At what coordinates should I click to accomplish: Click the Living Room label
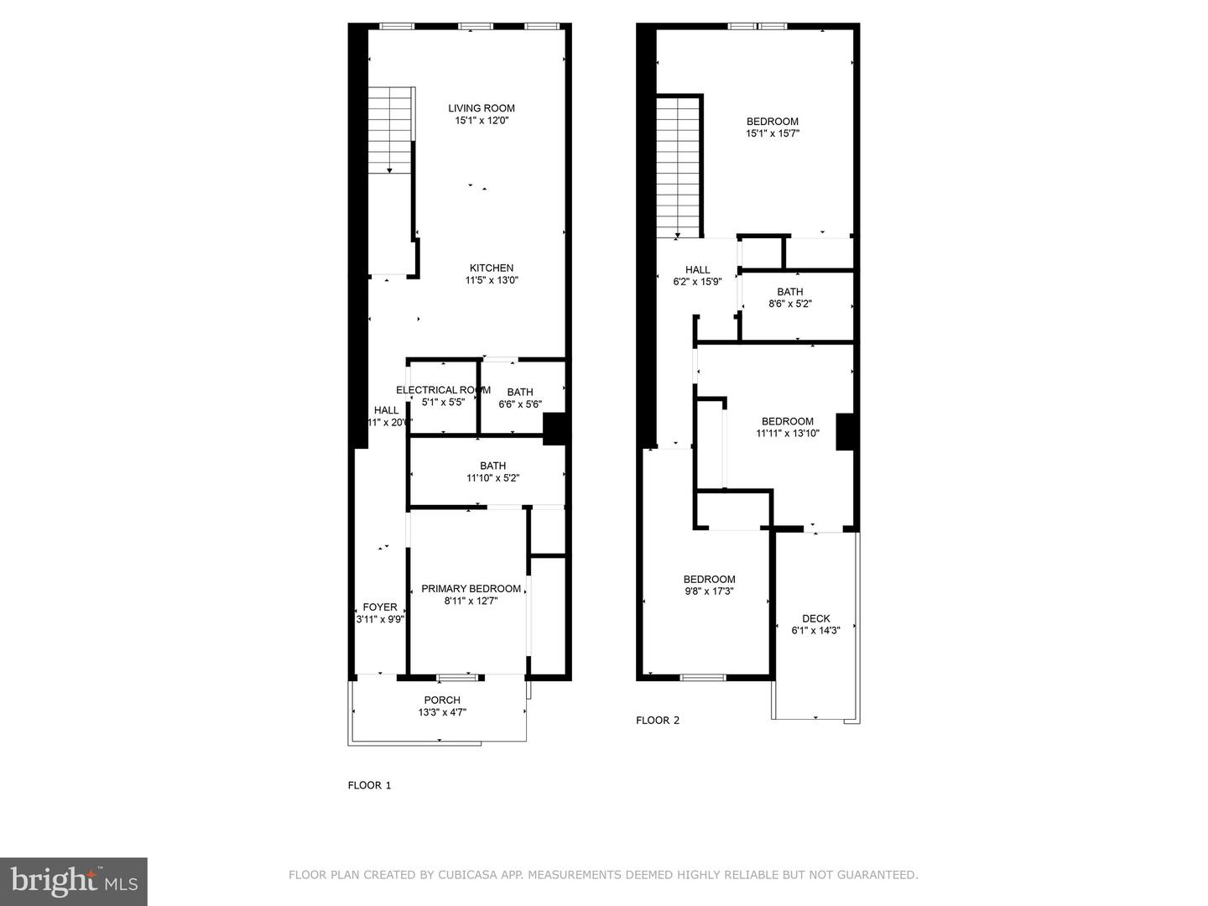pyautogui.click(x=482, y=108)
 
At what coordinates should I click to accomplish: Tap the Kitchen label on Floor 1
pyautogui.click(x=492, y=268)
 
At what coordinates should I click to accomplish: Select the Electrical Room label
pyautogui.click(x=443, y=390)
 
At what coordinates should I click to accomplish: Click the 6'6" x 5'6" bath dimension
pyautogui.click(x=520, y=404)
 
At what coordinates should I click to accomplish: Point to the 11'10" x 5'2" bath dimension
pyautogui.click(x=493, y=478)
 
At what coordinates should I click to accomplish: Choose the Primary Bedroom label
pyautogui.click(x=471, y=589)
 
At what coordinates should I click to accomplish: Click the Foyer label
pyautogui.click(x=380, y=607)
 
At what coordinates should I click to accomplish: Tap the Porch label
pyautogui.click(x=442, y=700)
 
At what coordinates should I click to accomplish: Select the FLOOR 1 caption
pyautogui.click(x=370, y=786)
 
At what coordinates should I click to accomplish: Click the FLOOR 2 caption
pyautogui.click(x=658, y=721)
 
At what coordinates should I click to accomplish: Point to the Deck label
pyautogui.click(x=815, y=619)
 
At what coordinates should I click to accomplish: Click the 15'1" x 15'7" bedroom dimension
pyautogui.click(x=773, y=133)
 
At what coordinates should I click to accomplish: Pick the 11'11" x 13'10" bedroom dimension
pyautogui.click(x=788, y=434)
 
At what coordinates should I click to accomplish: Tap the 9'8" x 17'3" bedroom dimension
pyautogui.click(x=710, y=591)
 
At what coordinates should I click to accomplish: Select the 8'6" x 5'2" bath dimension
pyautogui.click(x=790, y=305)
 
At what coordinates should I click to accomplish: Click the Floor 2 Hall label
pyautogui.click(x=698, y=270)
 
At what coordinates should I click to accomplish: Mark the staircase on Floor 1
pyautogui.click(x=392, y=130)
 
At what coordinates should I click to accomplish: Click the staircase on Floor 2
pyautogui.click(x=678, y=168)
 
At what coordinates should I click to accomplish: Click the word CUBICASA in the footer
pyautogui.click(x=467, y=875)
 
